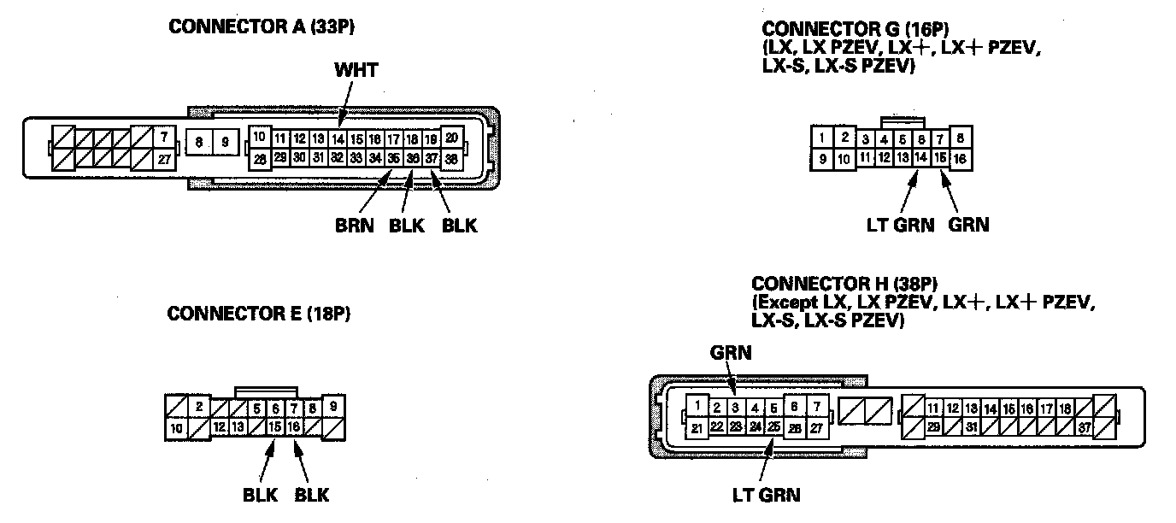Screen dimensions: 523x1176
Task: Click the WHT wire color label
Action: pyautogui.click(x=356, y=70)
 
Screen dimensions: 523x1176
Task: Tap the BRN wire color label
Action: pyautogui.click(x=354, y=226)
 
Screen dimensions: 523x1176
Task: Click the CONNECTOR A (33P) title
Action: pyautogui.click(x=262, y=26)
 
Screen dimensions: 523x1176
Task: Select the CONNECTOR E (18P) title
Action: pyautogui.click(x=259, y=314)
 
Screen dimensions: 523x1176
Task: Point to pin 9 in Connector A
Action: pyautogui.click(x=225, y=143)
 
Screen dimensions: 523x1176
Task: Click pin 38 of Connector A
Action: pyautogui.click(x=452, y=158)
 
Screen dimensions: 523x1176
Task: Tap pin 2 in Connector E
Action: pyautogui.click(x=198, y=407)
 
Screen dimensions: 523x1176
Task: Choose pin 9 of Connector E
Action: pyautogui.click(x=332, y=406)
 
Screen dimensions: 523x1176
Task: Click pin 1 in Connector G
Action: pyautogui.click(x=821, y=137)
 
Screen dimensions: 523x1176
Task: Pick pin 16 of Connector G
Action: pyautogui.click(x=960, y=158)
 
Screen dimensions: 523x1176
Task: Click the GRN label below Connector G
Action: pyautogui.click(x=968, y=225)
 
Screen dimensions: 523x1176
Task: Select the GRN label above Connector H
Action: pyautogui.click(x=731, y=352)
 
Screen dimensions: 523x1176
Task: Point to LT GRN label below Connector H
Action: pyautogui.click(x=767, y=494)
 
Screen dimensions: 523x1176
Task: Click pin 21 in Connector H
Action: pyautogui.click(x=697, y=428)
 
